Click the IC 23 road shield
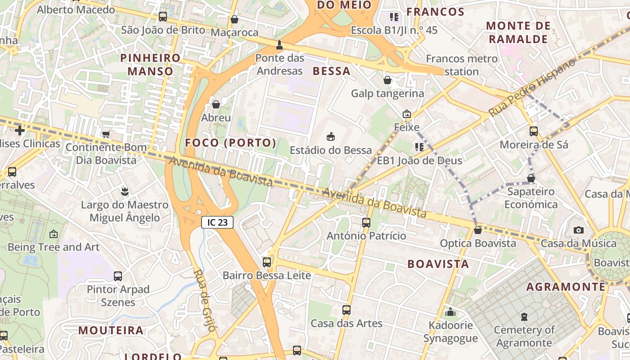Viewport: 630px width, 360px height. tap(217, 222)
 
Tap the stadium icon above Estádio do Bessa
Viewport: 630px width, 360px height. tap(331, 136)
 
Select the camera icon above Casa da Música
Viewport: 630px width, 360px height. tap(579, 230)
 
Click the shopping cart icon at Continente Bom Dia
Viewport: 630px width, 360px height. tap(106, 134)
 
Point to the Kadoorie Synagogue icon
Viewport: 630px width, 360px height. tap(450, 312)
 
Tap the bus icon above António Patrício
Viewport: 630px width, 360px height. tap(366, 222)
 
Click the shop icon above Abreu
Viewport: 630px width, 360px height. tap(216, 104)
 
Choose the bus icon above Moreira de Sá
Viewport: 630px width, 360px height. tap(534, 131)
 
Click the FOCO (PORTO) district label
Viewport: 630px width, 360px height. tap(230, 143)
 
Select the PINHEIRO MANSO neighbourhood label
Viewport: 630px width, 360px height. tap(150, 64)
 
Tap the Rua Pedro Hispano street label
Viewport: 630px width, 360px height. tap(532, 87)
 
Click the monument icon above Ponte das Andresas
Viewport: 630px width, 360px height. tap(279, 45)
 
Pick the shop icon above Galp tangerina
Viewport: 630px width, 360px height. tap(387, 80)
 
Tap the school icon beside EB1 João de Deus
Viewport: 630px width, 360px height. tap(419, 147)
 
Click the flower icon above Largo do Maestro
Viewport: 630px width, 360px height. tap(124, 192)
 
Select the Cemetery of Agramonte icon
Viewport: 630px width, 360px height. tap(524, 317)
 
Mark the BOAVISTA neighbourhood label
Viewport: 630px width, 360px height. tap(438, 264)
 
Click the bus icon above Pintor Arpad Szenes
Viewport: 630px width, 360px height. tap(118, 276)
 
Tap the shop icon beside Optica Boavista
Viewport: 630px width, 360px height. tap(478, 230)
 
